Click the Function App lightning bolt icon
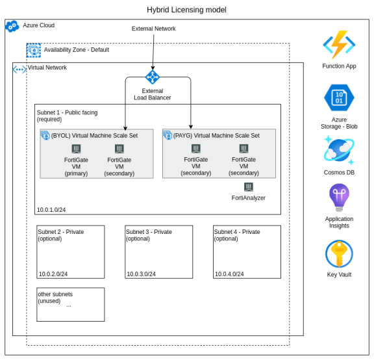(339, 45)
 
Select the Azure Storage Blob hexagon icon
(339, 97)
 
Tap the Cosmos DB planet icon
(339, 150)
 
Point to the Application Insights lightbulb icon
(339, 198)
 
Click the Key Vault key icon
(339, 254)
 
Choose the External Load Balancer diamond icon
(153, 77)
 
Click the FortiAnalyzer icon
(249, 187)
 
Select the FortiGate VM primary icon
(76, 149)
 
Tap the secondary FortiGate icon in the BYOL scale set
(119, 149)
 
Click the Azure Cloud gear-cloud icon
(12, 26)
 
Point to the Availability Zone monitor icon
(33, 50)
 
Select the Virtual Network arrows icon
(19, 70)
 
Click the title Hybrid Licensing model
(186, 10)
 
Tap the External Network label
(154, 29)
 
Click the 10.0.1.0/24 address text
(51, 210)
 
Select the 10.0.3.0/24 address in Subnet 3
(141, 274)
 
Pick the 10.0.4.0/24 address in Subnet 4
(229, 274)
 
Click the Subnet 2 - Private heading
(61, 232)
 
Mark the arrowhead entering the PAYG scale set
(191, 127)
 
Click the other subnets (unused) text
(55, 298)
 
